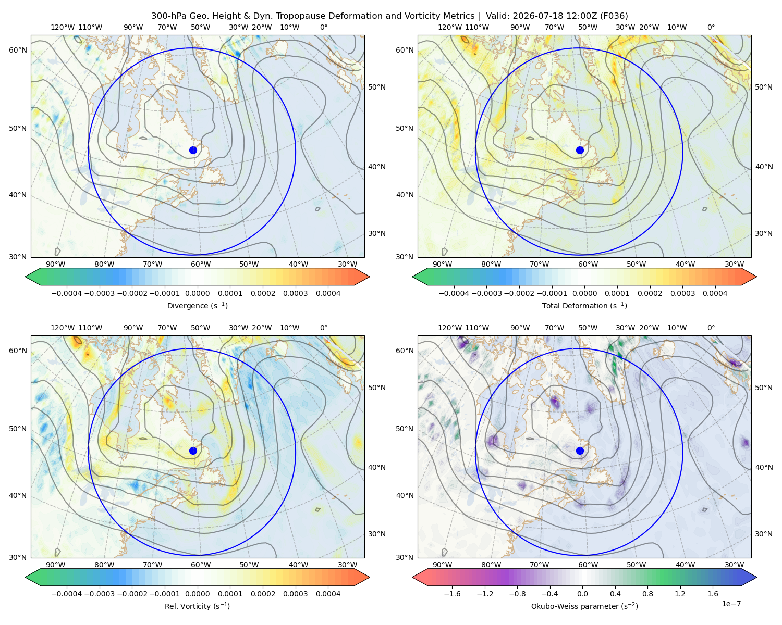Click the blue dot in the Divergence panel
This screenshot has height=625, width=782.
click(193, 150)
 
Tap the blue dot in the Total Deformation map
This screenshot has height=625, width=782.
click(580, 150)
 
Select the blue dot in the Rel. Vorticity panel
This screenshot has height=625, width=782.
click(193, 451)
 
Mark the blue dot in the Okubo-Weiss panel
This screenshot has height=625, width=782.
click(580, 451)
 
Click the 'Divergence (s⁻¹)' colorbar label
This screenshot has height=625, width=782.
click(197, 305)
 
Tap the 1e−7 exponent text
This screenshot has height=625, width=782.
click(731, 604)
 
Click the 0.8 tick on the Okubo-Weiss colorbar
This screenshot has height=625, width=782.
click(647, 594)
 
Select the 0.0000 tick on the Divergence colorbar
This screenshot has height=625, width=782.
click(197, 293)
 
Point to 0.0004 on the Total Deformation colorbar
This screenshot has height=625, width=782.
click(715, 293)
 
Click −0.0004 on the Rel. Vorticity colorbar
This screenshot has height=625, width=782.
click(67, 594)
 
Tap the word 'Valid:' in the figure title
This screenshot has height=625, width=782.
click(498, 16)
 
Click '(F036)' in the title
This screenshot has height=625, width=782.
click(614, 16)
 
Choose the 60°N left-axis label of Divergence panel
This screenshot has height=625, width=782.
click(18, 50)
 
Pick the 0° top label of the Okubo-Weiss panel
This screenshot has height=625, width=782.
click(711, 328)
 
